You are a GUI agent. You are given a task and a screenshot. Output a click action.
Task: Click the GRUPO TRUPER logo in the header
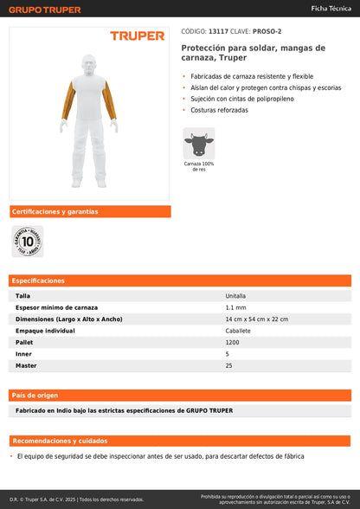pyautogui.click(x=46, y=10)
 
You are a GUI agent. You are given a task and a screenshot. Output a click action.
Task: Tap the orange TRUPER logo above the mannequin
pyautogui.click(x=137, y=35)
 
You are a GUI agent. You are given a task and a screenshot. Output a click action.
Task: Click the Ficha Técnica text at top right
pyautogui.click(x=330, y=8)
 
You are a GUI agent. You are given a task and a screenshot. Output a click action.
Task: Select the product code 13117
pyautogui.click(x=218, y=31)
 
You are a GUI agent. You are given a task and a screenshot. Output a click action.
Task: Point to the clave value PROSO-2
pyautogui.click(x=265, y=31)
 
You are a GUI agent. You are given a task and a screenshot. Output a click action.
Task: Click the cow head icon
pyautogui.click(x=198, y=142)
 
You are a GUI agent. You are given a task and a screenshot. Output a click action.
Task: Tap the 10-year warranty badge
pyautogui.click(x=28, y=242)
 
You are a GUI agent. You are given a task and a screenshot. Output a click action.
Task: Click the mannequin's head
pyautogui.click(x=89, y=63)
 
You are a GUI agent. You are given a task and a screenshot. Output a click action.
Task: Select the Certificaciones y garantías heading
pyautogui.click(x=55, y=211)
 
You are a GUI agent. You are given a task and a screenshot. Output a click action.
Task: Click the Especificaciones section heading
pyautogui.click(x=39, y=280)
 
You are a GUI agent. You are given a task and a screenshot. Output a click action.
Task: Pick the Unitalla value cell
pyautogui.click(x=235, y=295)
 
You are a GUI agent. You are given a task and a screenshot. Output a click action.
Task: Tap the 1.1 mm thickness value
pyautogui.click(x=235, y=307)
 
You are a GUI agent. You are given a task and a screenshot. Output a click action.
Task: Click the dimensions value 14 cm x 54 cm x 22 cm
pyautogui.click(x=256, y=319)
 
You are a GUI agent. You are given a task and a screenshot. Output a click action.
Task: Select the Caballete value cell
pyautogui.click(x=238, y=331)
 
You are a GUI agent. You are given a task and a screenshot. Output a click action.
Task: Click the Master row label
pyautogui.click(x=26, y=365)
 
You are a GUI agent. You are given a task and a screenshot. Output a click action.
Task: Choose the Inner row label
pyautogui.click(x=23, y=354)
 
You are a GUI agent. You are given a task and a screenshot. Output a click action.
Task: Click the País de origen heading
pyautogui.click(x=35, y=395)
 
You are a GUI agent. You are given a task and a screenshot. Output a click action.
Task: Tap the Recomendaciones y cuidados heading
pyautogui.click(x=61, y=440)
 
